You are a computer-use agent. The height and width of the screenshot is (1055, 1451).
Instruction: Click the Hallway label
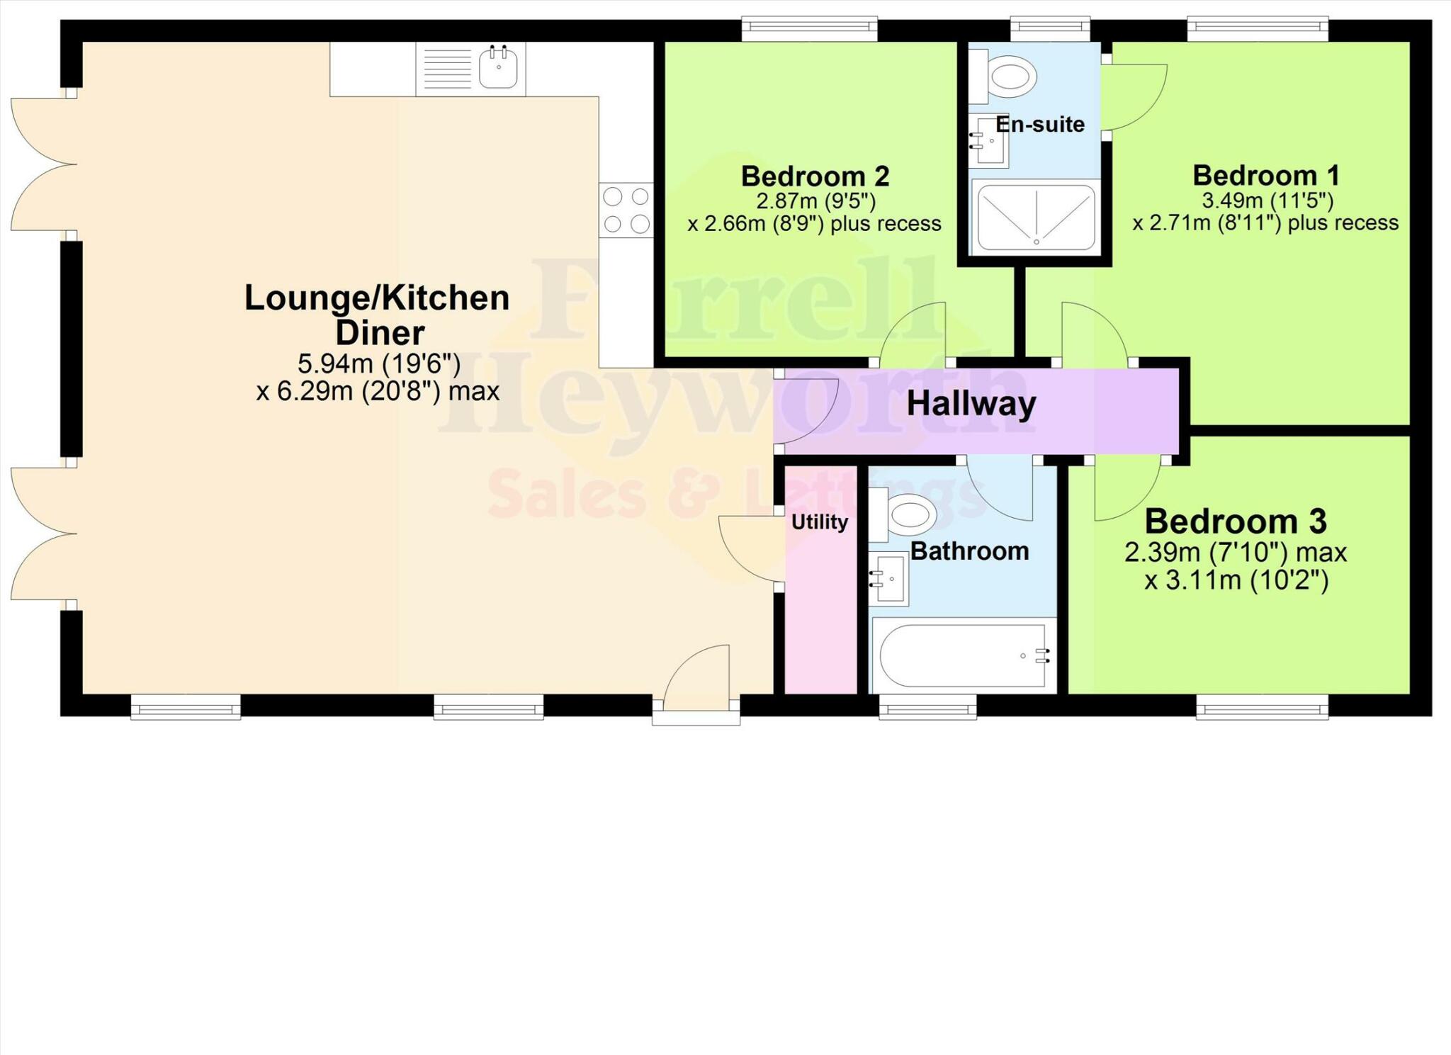click(x=971, y=405)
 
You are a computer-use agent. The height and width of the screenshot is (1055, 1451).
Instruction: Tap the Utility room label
click(x=819, y=522)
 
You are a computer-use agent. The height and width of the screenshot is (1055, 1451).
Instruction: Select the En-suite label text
click(x=1039, y=125)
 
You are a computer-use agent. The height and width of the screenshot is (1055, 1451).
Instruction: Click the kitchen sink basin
click(x=499, y=69)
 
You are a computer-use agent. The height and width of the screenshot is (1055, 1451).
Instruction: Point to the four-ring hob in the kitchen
click(x=626, y=210)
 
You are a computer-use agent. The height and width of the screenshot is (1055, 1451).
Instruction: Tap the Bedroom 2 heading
click(x=815, y=176)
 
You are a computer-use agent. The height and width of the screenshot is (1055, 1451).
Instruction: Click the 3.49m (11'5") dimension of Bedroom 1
click(x=1267, y=201)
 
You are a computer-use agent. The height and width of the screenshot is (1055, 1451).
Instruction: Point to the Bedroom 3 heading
click(x=1235, y=522)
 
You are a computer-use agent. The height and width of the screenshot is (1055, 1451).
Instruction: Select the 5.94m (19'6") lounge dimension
click(x=378, y=364)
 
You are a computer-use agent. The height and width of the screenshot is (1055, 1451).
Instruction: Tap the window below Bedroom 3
click(x=1262, y=706)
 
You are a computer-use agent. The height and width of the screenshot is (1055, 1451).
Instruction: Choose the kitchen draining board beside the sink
click(x=446, y=69)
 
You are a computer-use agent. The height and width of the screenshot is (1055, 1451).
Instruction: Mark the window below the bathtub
click(x=927, y=706)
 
